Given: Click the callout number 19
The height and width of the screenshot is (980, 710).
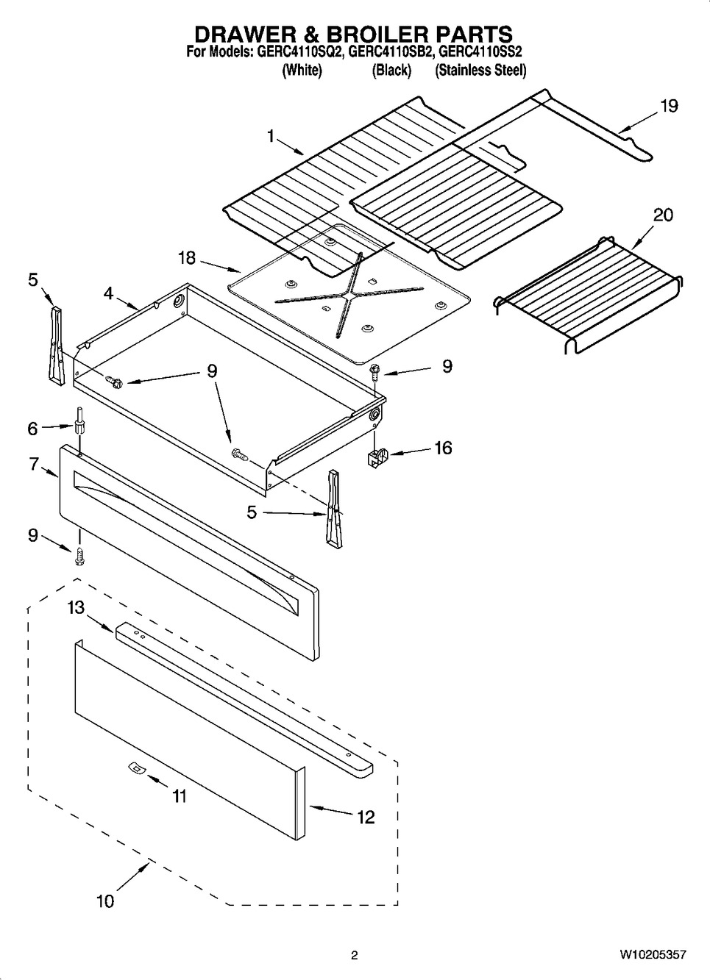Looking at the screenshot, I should pos(668,107).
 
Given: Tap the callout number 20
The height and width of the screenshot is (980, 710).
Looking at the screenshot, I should pos(663,215).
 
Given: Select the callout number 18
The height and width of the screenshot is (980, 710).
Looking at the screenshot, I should pos(187,258).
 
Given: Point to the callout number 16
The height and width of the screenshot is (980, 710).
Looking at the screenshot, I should pos(443,448).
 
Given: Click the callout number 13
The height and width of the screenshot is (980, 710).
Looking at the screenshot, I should pos(77,608).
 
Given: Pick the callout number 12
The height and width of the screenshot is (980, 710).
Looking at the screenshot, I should pos(366,817).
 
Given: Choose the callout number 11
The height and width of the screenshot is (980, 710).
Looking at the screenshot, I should pos(179,796).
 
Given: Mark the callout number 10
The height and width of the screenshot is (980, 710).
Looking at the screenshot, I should pos(105,901).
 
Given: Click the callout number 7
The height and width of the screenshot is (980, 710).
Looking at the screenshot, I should pos(34,465).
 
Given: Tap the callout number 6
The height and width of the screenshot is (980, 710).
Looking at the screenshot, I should pos(32,426).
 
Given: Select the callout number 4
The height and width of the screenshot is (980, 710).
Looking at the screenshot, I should pos(108,293).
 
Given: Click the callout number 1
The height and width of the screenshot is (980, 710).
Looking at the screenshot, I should pos(271,136).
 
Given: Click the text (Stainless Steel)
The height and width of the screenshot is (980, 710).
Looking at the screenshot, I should pos(480,71).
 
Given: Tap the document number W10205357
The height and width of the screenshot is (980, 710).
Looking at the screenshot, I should pos(653,954).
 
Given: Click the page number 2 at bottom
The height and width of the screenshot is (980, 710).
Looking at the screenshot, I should pos(354,955).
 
